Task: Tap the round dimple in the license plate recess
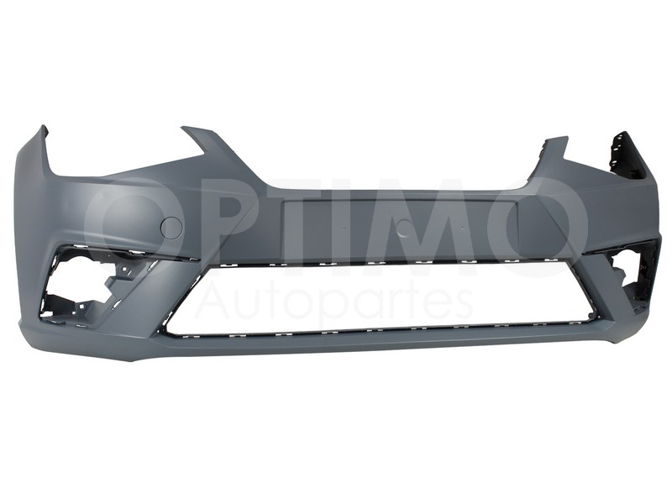(403, 228)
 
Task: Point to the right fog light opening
(633, 270)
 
